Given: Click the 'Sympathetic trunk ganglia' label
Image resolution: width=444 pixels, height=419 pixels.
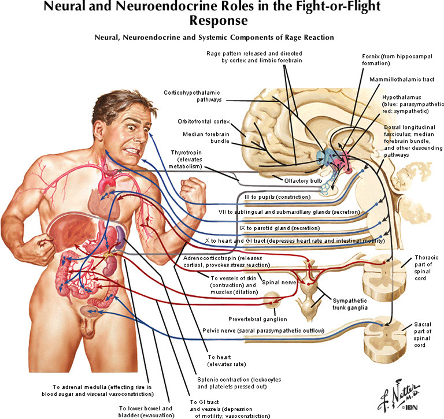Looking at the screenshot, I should pos(350,304).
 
